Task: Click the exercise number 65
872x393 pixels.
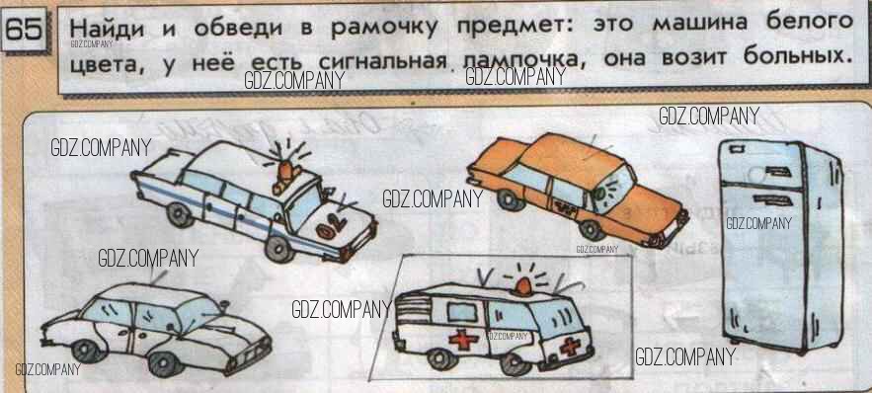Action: [25, 31]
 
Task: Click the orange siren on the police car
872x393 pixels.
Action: [284, 174]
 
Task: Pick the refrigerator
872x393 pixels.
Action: [781, 244]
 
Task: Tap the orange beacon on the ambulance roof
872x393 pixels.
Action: [522, 285]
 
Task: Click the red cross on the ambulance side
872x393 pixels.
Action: [460, 339]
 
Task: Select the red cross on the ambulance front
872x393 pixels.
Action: [570, 347]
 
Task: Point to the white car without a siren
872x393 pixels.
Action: [156, 328]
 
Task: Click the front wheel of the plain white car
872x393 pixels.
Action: [167, 363]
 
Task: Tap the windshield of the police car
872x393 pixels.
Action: [303, 208]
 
